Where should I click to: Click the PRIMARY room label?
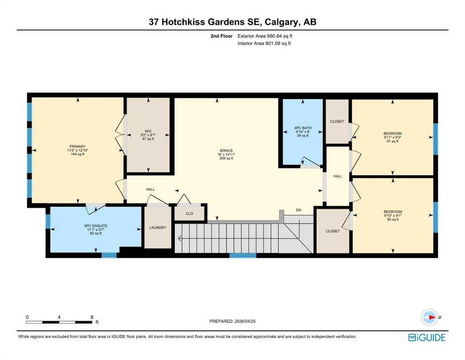(x=77, y=146)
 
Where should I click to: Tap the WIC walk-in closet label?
(x=148, y=131)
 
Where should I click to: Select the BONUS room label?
(x=226, y=150)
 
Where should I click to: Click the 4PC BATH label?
(x=303, y=128)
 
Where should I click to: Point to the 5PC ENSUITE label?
(x=96, y=226)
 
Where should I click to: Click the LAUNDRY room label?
(x=158, y=228)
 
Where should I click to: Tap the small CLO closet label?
(x=190, y=213)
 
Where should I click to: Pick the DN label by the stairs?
(x=299, y=210)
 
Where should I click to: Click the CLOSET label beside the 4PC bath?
(x=337, y=121)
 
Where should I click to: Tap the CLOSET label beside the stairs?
(x=333, y=231)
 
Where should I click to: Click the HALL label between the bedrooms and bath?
(x=338, y=176)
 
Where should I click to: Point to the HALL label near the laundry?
(x=151, y=189)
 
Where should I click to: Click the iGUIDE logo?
(x=427, y=337)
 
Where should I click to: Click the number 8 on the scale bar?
(x=92, y=317)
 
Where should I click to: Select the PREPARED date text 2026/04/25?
(x=245, y=321)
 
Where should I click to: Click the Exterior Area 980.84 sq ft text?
(x=265, y=36)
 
